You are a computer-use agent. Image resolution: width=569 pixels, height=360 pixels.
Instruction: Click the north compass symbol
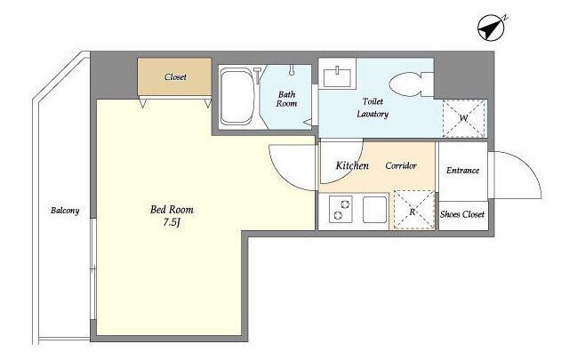coord(492,28)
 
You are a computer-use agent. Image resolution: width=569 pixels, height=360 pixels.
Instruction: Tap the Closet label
coord(175,77)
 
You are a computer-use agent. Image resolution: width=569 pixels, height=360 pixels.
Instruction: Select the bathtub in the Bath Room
coord(237,97)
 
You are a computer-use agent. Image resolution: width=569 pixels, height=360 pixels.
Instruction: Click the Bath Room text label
coord(286,99)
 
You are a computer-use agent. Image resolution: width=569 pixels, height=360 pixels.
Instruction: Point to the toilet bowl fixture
coord(411,84)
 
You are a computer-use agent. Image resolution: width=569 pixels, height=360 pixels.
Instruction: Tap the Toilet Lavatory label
coord(373,108)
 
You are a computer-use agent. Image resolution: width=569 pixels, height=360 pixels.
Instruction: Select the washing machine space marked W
coord(464,118)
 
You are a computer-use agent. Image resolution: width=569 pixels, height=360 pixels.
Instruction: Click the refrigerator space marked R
coord(414,210)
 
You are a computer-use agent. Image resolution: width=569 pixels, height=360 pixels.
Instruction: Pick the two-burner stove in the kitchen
coord(341,210)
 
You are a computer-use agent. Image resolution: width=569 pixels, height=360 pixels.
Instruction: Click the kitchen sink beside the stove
coord(374,210)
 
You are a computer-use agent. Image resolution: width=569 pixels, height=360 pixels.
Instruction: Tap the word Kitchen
coord(352,166)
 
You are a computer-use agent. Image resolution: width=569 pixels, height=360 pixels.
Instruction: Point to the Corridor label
coord(401,166)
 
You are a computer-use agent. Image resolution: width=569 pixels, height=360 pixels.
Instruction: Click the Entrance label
coord(462,170)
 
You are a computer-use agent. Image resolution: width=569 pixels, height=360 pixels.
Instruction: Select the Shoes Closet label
coord(462,214)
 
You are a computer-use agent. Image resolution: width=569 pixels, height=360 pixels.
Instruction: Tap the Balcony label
coord(65,211)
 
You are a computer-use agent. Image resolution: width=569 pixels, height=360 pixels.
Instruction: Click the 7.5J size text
coord(172,222)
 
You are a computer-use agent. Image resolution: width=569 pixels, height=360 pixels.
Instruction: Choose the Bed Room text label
coord(172,210)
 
